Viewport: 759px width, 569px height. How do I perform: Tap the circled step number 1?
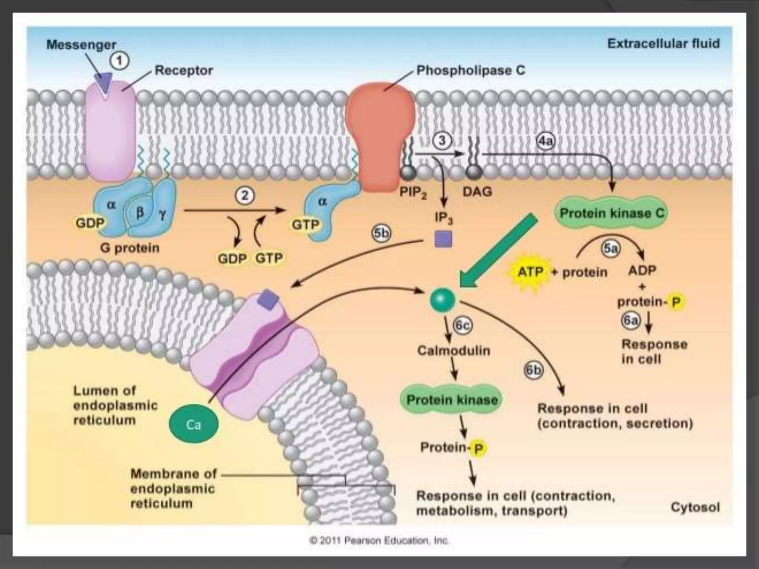pyautogui.click(x=120, y=61)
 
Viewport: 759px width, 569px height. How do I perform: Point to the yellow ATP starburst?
pyautogui.click(x=530, y=272)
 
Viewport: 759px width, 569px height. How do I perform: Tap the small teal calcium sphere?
pyautogui.click(x=443, y=300)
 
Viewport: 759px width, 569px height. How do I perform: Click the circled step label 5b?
pyautogui.click(x=381, y=233)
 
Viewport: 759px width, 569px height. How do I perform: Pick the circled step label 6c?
pyautogui.click(x=463, y=325)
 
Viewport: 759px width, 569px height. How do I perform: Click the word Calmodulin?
pyautogui.click(x=454, y=350)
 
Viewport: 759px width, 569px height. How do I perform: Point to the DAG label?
pyautogui.click(x=477, y=192)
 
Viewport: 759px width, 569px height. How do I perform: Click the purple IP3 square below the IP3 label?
pyautogui.click(x=443, y=239)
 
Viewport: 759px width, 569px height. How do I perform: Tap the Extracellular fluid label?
pyautogui.click(x=663, y=44)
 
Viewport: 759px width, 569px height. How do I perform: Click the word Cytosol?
pyautogui.click(x=695, y=507)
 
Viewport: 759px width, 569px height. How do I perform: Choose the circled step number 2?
pyautogui.click(x=245, y=195)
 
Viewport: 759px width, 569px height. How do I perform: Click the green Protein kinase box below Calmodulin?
pyautogui.click(x=452, y=400)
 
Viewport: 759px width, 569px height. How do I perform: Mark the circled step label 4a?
pyautogui.click(x=546, y=141)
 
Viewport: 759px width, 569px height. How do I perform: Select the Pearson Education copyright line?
pyautogui.click(x=379, y=540)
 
